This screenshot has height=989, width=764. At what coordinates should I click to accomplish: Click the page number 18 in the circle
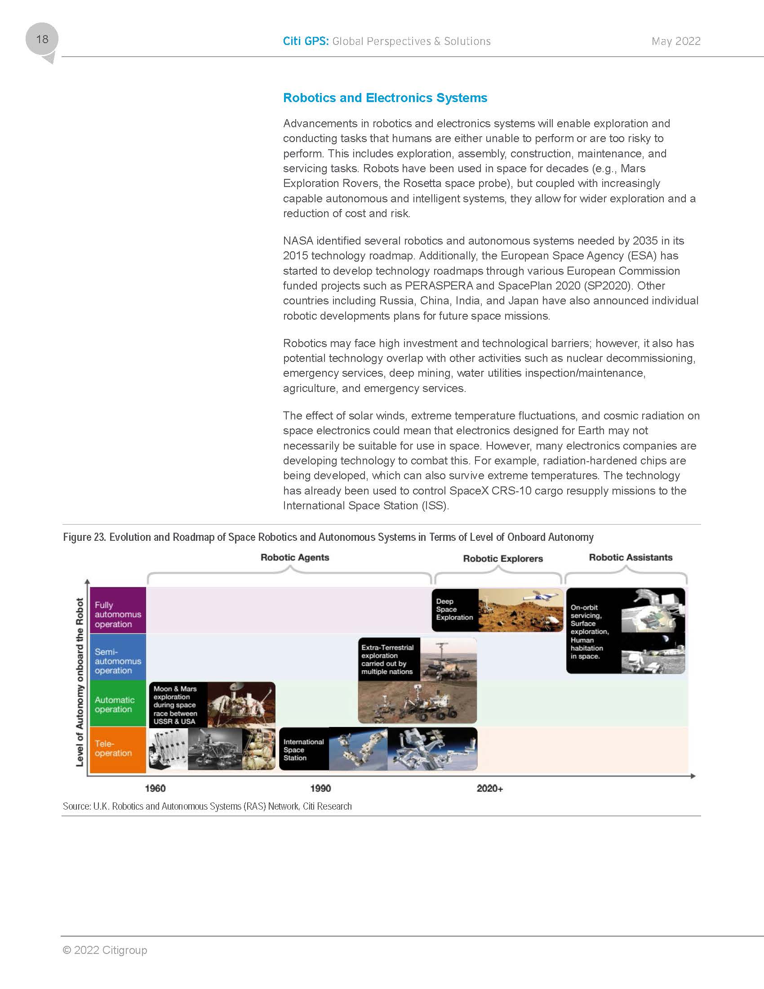[x=42, y=39]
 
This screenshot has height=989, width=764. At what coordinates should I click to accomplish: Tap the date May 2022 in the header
[x=676, y=41]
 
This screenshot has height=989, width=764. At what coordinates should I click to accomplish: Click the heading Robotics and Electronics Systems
[x=385, y=98]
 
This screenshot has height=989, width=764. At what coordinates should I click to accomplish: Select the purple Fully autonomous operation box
[x=118, y=614]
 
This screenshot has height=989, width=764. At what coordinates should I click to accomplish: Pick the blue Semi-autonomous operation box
[x=118, y=661]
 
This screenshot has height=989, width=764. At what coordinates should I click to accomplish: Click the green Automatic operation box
[x=118, y=704]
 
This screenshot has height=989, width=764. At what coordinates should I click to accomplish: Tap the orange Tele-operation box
[x=118, y=748]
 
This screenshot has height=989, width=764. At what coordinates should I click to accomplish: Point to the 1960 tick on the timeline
[x=155, y=789]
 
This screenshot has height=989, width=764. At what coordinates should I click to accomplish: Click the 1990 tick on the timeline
[x=320, y=789]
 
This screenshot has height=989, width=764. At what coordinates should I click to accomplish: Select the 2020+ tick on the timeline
[x=490, y=789]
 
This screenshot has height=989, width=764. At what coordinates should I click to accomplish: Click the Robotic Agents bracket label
[x=295, y=557]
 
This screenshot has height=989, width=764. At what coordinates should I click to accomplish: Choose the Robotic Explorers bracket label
[x=503, y=558]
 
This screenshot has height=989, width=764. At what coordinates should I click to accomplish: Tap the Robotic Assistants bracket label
[x=631, y=557]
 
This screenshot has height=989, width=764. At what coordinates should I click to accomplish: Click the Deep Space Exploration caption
[x=454, y=610]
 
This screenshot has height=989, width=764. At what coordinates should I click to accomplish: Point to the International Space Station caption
[x=303, y=749]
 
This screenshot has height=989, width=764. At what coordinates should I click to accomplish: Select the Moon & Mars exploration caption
[x=175, y=704]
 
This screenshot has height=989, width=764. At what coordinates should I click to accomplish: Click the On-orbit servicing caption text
[x=589, y=631]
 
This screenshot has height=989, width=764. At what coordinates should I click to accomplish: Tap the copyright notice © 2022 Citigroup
[x=105, y=949]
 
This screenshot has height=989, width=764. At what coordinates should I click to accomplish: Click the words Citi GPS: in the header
[x=306, y=41]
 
